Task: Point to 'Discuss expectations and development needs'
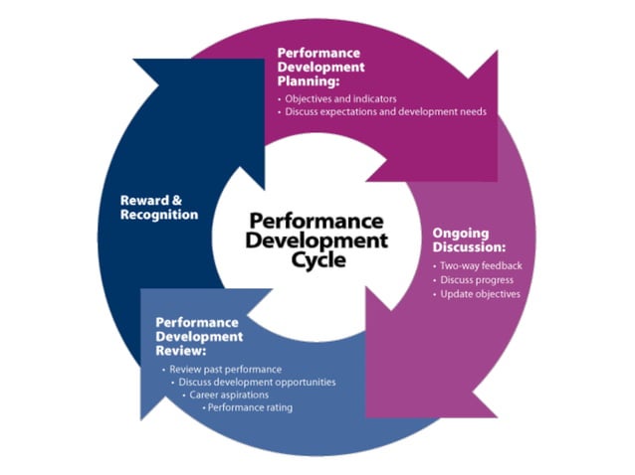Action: pos(385,112)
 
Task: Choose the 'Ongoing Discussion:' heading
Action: pos(470,239)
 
